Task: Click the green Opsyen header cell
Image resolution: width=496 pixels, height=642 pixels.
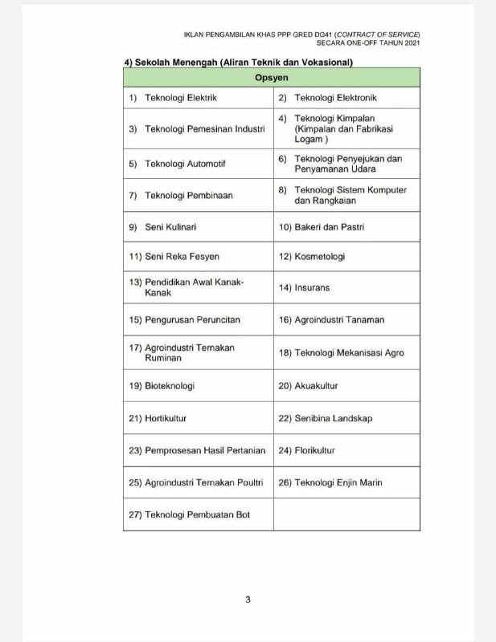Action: coord(271,78)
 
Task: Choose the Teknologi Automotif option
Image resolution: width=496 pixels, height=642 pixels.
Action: coord(185,164)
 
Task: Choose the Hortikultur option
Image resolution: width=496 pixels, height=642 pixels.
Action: coord(166,418)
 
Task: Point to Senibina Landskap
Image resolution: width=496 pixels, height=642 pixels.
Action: coord(333,418)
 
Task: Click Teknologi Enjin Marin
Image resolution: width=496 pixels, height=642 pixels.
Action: coord(338,482)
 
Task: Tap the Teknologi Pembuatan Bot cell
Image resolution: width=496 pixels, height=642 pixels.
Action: coord(197,514)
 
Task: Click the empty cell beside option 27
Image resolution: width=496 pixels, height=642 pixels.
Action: coord(346,514)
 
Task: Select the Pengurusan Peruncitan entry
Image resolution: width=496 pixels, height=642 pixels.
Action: coord(192,319)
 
